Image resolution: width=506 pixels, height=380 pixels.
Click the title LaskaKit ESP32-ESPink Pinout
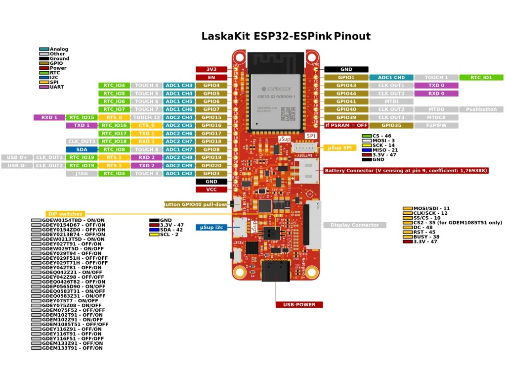click(286, 36)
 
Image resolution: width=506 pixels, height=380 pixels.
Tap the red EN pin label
click(211, 77)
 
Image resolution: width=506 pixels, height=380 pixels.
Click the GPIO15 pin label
click(211, 117)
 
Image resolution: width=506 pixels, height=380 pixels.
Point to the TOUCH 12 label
click(147, 117)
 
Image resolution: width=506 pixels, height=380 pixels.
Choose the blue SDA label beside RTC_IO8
click(82, 149)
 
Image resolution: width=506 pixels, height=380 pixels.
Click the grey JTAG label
click(82, 173)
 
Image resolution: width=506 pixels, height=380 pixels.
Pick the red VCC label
click(211, 190)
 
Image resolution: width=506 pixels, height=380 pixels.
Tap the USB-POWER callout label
click(299, 304)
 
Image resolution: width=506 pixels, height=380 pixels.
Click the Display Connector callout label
click(355, 225)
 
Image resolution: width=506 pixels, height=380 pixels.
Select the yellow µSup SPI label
click(340, 148)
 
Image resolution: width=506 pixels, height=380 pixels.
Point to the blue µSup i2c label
click(212, 228)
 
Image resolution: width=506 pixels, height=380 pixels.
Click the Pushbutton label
click(481, 109)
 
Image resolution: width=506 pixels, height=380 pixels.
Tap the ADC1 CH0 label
click(391, 77)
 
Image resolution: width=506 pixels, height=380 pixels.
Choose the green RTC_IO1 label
click(481, 77)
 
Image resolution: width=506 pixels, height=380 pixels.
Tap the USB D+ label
click(17, 157)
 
